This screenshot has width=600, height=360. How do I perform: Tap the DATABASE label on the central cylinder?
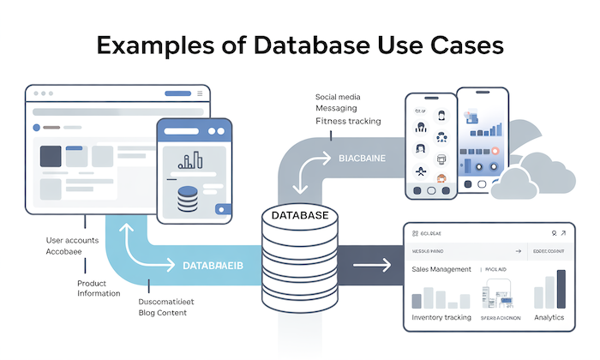point(299,216)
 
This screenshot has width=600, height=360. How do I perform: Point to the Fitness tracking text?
point(348,122)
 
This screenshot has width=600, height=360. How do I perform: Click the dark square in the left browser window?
point(50,156)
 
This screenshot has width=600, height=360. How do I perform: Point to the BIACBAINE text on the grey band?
point(362,159)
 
